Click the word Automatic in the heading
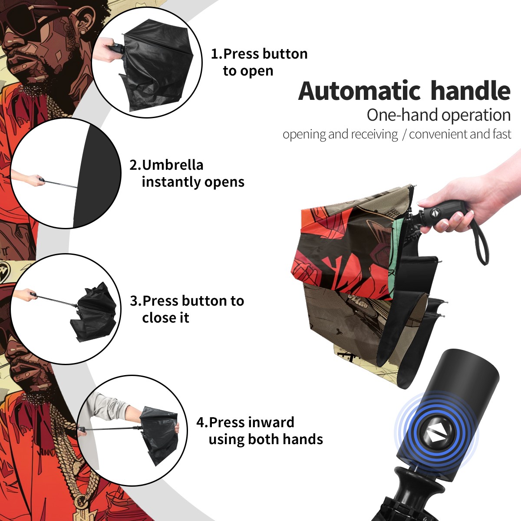point(359,91)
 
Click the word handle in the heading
point(471,91)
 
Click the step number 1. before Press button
point(217,54)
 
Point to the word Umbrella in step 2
point(173,165)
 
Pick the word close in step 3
point(156,317)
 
